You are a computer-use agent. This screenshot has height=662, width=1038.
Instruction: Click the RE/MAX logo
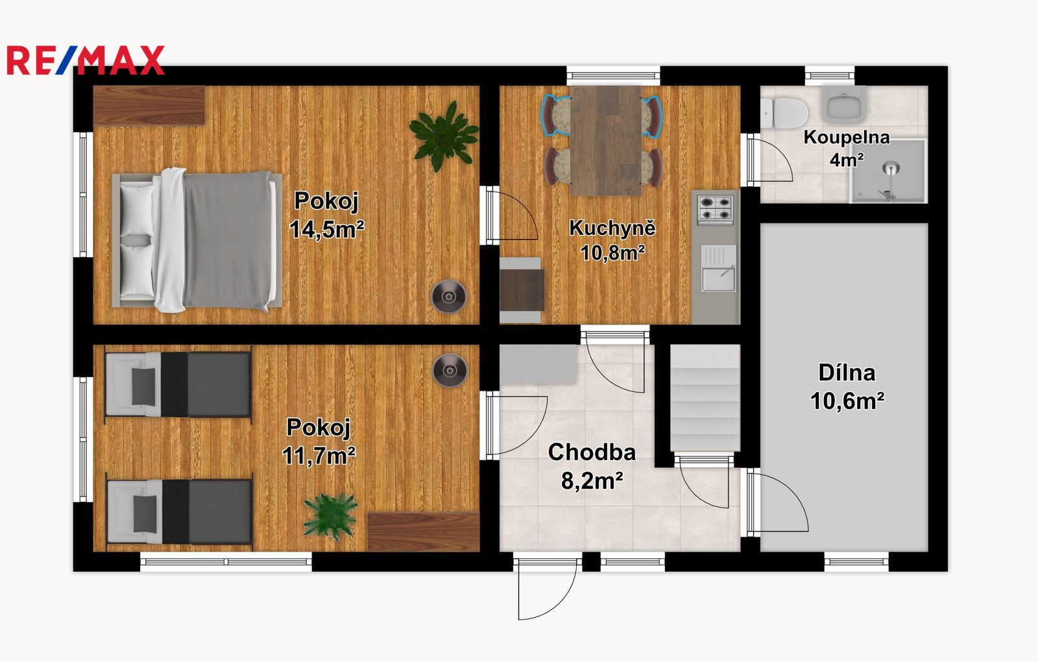(x=86, y=60)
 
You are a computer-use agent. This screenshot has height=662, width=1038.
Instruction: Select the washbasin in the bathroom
(x=844, y=104)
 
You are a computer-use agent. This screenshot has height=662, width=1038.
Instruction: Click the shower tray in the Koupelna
(x=888, y=171)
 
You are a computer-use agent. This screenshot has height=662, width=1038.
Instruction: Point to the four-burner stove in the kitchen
(x=716, y=210)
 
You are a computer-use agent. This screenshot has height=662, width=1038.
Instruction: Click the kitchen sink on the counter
(x=718, y=269)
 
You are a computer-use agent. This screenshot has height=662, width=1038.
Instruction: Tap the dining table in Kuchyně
(x=606, y=140)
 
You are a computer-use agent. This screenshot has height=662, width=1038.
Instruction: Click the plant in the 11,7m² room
(x=330, y=516)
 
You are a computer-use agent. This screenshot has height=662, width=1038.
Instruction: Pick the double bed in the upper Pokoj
(x=197, y=239)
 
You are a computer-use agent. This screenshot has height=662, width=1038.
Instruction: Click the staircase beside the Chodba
(x=705, y=397)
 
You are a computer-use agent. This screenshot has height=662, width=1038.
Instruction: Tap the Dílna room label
(x=847, y=373)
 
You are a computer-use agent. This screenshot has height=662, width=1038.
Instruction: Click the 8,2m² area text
(x=592, y=481)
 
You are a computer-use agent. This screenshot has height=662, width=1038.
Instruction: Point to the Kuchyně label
(x=612, y=227)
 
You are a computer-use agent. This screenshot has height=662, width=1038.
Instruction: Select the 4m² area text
(x=847, y=160)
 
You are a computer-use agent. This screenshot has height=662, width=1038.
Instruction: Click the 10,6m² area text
(x=847, y=400)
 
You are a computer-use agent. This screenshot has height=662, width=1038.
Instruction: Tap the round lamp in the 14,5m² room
(x=448, y=297)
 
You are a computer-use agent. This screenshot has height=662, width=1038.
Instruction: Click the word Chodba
(x=592, y=452)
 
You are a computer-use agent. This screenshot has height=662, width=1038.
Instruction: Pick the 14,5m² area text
(x=327, y=229)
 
